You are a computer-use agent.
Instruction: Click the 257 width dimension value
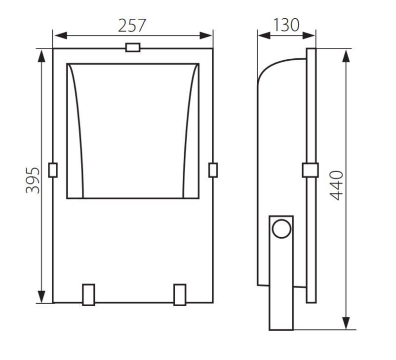[132, 25]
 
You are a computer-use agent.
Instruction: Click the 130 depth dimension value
[286, 25]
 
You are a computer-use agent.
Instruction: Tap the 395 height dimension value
[33, 180]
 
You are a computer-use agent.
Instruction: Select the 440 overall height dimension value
[337, 185]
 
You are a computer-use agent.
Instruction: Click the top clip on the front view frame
[133, 47]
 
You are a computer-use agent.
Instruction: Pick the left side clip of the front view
[53, 170]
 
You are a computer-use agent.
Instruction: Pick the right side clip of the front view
[213, 170]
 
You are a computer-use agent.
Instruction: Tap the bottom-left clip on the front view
[89, 295]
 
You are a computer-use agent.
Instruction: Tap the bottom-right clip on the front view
[180, 295]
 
